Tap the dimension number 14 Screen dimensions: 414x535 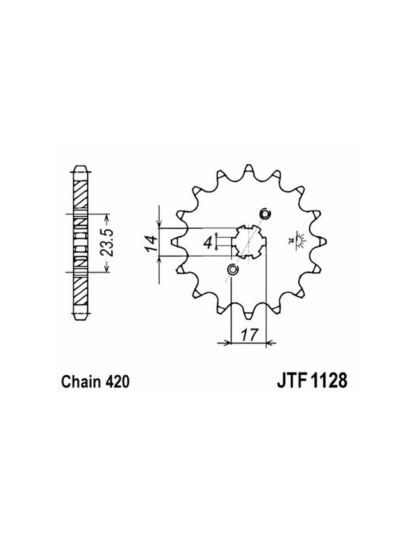(151, 243)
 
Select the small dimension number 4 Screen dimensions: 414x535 (208, 243)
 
